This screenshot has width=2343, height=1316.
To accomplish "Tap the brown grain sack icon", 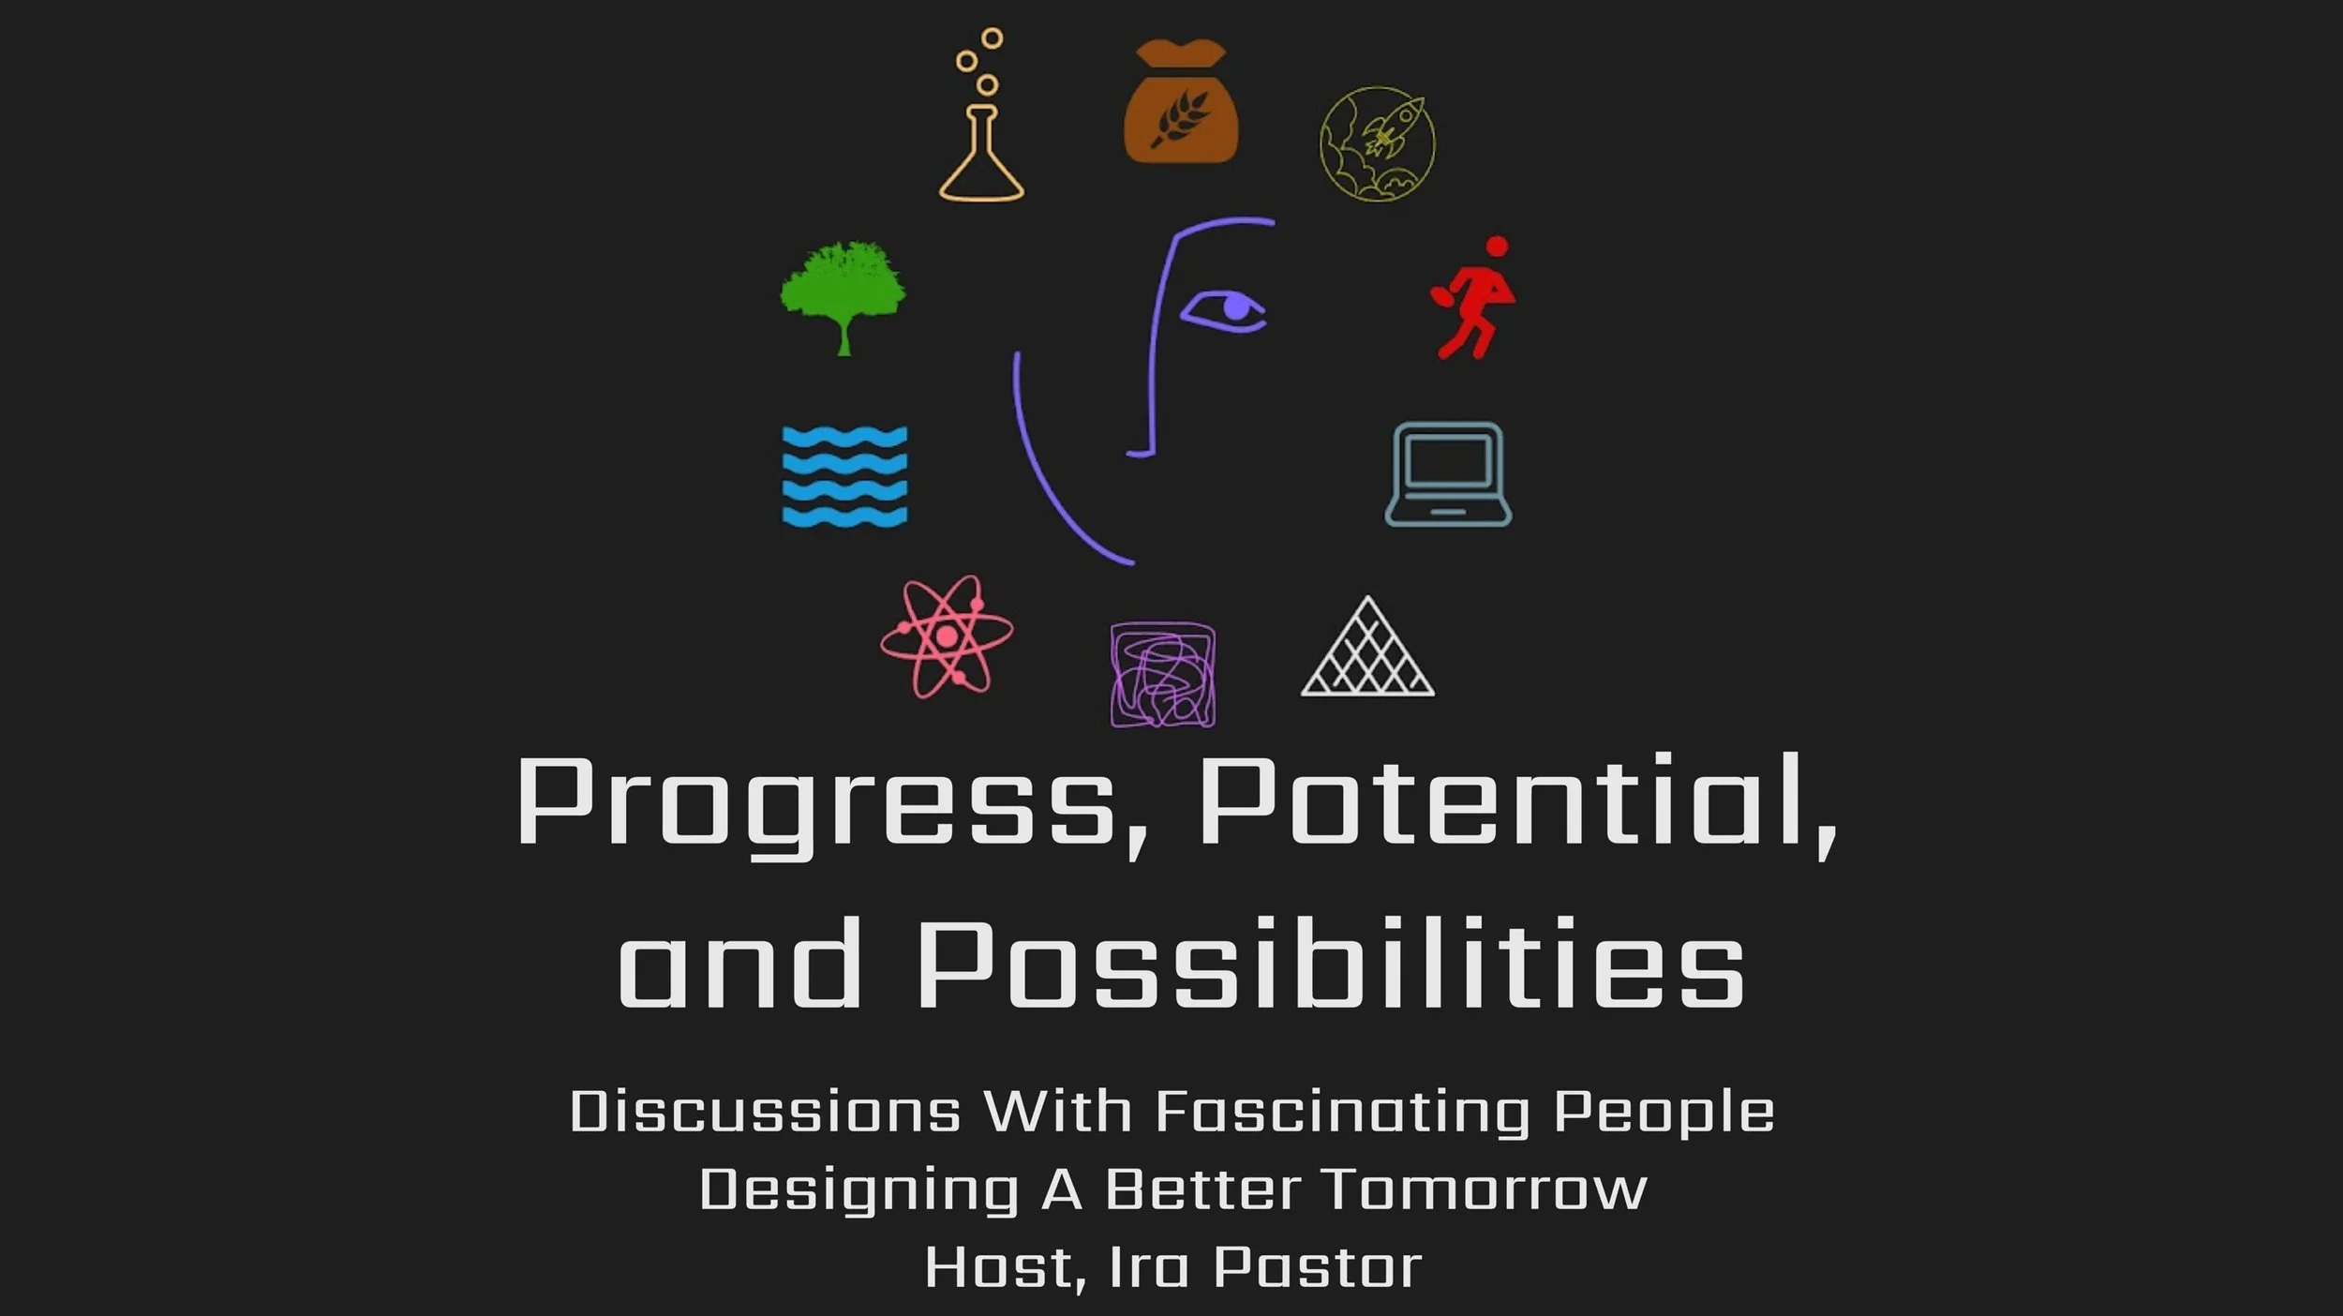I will [1181, 103].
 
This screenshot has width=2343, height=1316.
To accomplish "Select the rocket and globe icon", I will [1377, 143].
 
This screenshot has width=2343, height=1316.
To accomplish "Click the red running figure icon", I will [1474, 298].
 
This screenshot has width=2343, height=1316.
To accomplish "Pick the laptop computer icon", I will [1448, 473].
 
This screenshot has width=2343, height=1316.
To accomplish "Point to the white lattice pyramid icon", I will [1367, 651].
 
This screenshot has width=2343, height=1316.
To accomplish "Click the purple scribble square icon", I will [1163, 674].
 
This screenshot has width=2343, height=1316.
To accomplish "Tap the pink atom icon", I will [947, 636].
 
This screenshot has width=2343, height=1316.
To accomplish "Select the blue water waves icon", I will [844, 476].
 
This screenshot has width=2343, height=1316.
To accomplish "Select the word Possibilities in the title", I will [1331, 965].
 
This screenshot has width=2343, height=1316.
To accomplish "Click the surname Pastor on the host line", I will [1317, 1267].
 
